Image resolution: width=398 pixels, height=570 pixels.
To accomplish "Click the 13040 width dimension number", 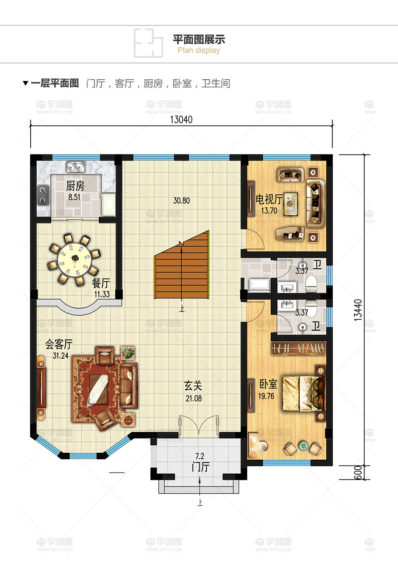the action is [x=181, y=119].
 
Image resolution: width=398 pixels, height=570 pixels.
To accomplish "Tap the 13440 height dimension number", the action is [x=358, y=310].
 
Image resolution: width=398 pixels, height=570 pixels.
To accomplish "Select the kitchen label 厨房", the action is [x=75, y=186].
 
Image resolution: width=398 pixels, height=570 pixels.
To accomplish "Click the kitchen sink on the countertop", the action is [x=76, y=167].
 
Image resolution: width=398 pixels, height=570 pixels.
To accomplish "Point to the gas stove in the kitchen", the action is [x=43, y=196].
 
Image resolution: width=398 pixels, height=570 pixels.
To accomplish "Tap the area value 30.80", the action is [x=182, y=201].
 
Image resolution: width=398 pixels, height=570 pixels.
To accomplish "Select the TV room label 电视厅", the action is [x=269, y=199].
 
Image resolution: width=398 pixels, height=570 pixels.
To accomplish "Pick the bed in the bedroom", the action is [x=304, y=394].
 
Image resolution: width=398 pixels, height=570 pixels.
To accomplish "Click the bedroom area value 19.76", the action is [x=266, y=396].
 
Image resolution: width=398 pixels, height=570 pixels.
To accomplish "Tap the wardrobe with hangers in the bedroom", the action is [x=298, y=348].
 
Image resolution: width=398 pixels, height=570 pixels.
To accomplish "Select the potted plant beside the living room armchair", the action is [x=128, y=353].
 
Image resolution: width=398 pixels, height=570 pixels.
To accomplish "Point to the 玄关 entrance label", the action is [x=193, y=386].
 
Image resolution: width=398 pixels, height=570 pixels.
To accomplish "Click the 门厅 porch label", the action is [x=201, y=467].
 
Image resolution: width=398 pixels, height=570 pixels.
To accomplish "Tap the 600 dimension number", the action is [x=358, y=472].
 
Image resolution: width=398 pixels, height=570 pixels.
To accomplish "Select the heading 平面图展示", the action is [x=199, y=39].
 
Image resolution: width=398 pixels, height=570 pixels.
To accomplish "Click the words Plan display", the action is [x=199, y=50].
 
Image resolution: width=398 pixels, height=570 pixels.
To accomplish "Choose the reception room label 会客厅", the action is [x=59, y=344].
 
